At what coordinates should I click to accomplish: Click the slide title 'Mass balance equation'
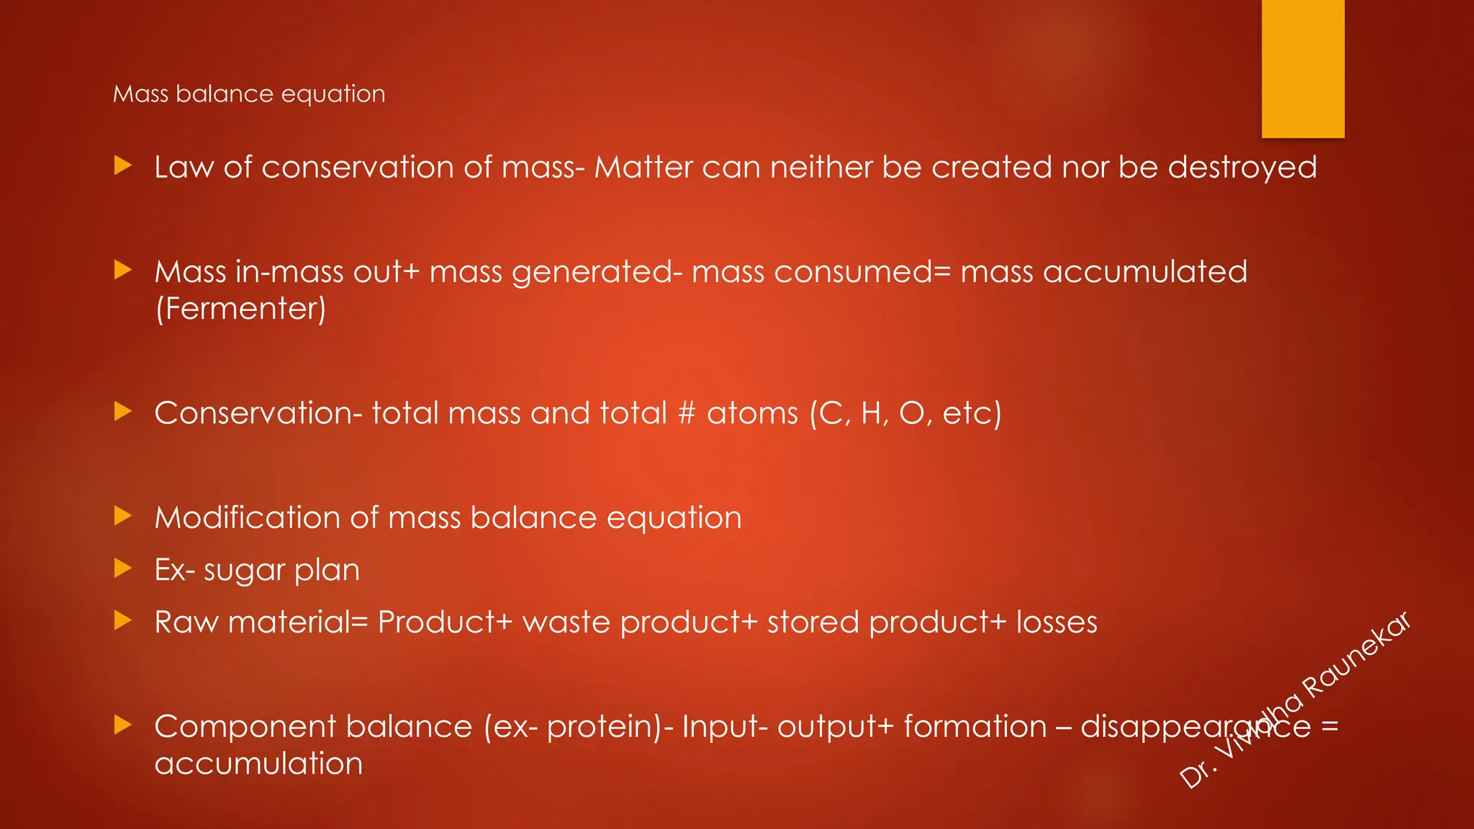[x=249, y=94]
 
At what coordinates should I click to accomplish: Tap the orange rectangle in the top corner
[x=1303, y=68]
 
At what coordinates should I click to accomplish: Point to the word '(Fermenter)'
[x=240, y=309]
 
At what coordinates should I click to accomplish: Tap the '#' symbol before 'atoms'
[x=687, y=413]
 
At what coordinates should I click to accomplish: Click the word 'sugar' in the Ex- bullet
[x=244, y=570]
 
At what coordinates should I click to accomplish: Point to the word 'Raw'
[x=186, y=622]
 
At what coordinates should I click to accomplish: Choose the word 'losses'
[x=1057, y=622]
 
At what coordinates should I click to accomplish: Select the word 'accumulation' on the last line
[x=258, y=764]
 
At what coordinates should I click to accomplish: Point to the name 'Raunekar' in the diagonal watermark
[x=1357, y=656]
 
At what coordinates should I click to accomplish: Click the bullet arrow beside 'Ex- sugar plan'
[x=123, y=568]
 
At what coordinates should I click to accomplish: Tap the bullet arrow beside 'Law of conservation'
[x=123, y=166]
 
